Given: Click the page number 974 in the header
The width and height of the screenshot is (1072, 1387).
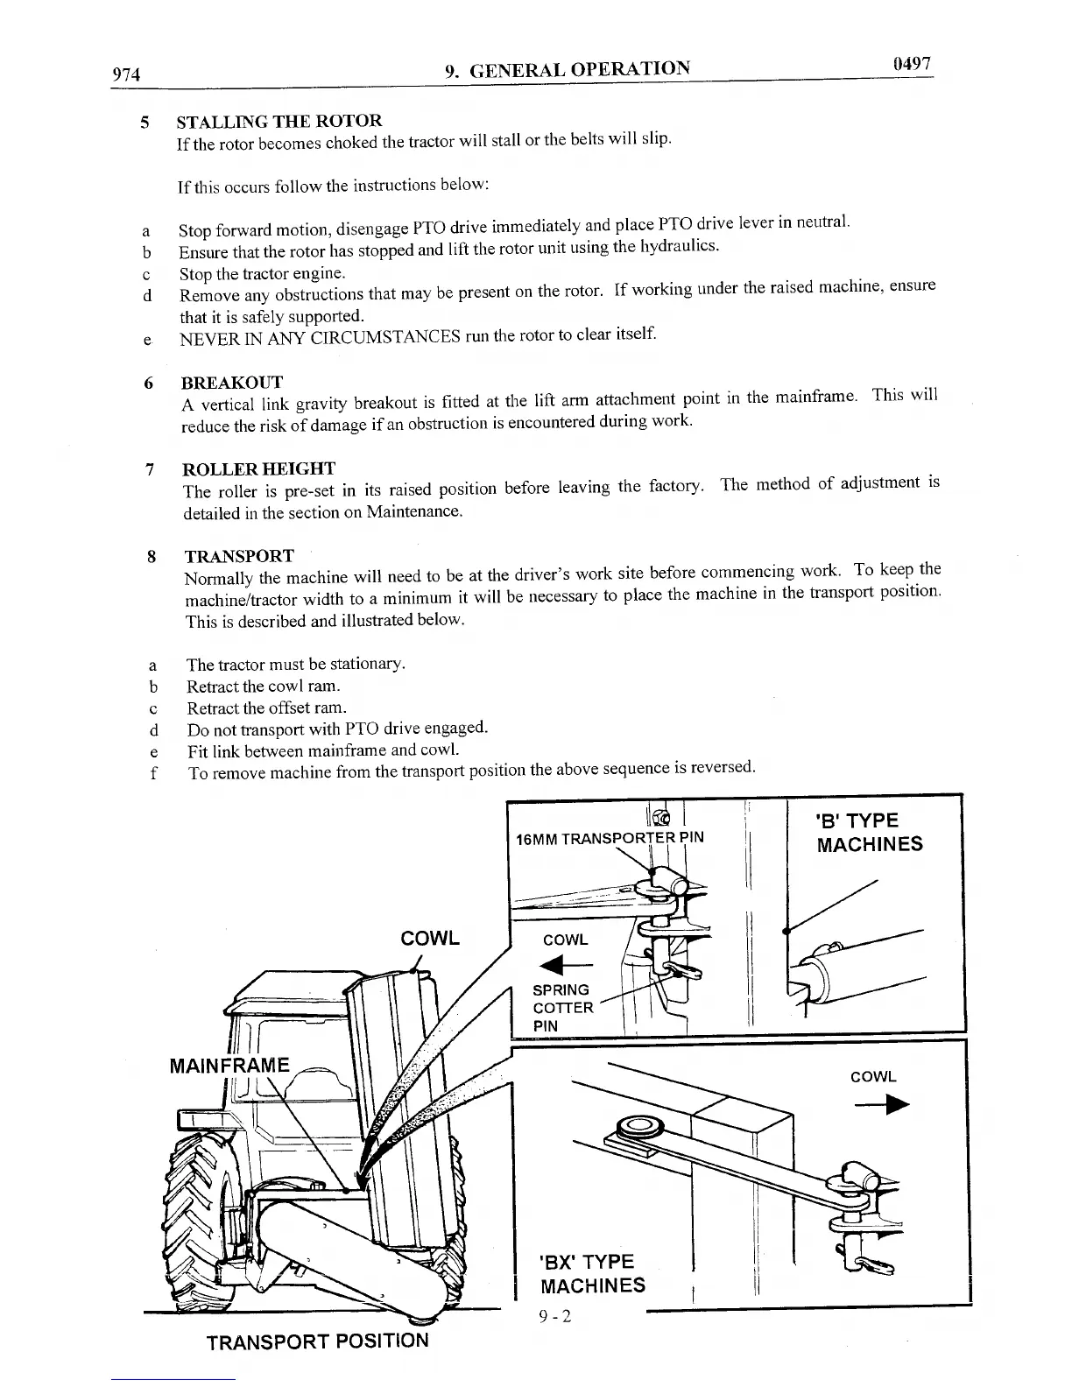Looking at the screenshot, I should (127, 74).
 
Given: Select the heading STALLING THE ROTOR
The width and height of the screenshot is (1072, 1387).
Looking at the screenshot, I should (279, 121).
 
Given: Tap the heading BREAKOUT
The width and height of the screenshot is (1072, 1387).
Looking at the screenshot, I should (231, 383).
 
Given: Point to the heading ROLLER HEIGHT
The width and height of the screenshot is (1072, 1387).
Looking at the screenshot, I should (259, 468).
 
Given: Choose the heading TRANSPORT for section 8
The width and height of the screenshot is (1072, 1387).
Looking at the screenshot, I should (239, 556).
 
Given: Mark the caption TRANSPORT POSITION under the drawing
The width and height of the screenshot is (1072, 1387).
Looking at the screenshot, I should (317, 1341).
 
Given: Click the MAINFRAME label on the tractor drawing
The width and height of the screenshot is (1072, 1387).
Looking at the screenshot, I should (229, 1065).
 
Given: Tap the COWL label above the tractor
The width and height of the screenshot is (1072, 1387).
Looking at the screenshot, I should (429, 938).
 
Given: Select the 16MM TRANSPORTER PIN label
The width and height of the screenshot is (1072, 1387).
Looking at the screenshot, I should (610, 838).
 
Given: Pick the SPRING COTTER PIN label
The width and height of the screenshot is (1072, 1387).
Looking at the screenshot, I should (562, 1007).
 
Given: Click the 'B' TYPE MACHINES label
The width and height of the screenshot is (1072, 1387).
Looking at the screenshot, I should (869, 832).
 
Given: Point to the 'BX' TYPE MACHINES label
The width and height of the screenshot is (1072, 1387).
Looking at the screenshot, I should (593, 1273).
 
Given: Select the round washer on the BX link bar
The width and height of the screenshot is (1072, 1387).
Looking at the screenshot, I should (638, 1125).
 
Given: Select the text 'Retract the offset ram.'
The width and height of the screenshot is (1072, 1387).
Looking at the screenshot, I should (266, 707).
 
